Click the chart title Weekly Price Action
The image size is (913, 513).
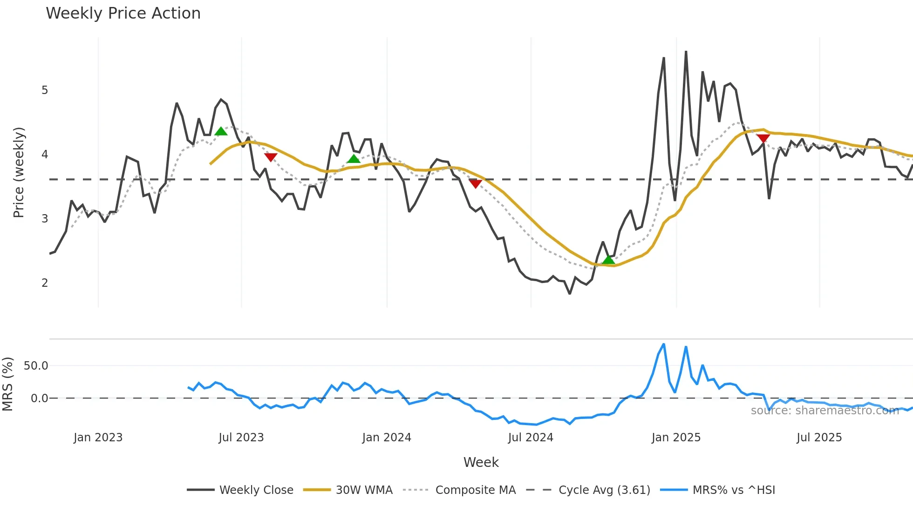[x=123, y=13]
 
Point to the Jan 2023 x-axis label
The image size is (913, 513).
[x=98, y=438]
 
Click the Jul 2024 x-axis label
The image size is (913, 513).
[x=531, y=438]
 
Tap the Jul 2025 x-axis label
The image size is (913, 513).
[x=819, y=438]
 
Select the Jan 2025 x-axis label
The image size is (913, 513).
[x=676, y=438]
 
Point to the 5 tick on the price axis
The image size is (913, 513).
[x=45, y=90]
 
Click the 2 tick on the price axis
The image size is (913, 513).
[x=45, y=283]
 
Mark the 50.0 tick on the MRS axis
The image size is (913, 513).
[x=36, y=366]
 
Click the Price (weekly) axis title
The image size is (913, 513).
[x=19, y=172]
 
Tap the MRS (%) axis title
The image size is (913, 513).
[x=7, y=384]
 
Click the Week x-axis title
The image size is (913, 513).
[x=481, y=462]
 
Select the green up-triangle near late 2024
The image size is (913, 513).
[x=608, y=260]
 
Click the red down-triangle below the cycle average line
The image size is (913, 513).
[x=475, y=184]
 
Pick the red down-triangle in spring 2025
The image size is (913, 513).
[x=763, y=138]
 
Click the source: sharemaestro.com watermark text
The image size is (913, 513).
[x=824, y=411]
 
